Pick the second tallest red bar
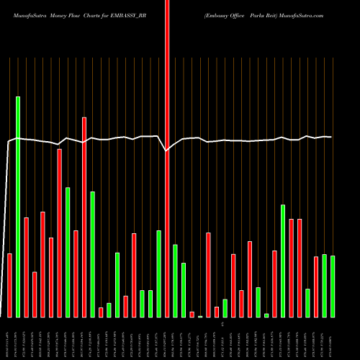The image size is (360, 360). [84, 217]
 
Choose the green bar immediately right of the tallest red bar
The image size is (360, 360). [175, 281]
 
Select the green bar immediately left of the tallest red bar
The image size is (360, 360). [159, 274]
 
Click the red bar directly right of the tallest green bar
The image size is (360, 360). [26, 267]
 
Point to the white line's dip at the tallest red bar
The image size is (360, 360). [167, 150]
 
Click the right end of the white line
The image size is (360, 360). [331, 137]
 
